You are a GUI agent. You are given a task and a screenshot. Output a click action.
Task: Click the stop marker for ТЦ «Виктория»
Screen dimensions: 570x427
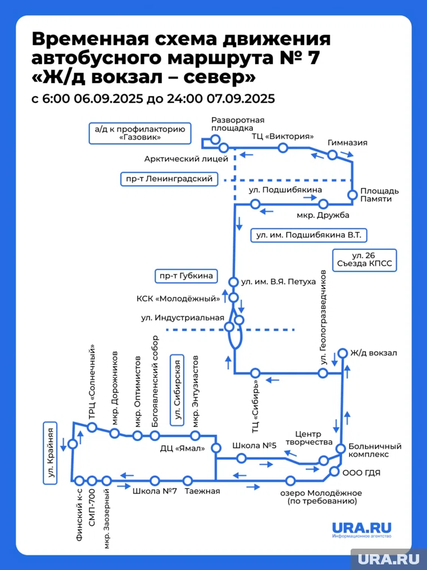pos(283,147)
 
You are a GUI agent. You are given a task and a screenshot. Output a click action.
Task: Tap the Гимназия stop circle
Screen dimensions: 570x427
pos(332,155)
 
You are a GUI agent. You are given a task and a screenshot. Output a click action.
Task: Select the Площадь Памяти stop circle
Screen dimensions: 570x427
pos(352,195)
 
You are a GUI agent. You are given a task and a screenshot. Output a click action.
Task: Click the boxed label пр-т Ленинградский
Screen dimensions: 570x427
pos(169,179)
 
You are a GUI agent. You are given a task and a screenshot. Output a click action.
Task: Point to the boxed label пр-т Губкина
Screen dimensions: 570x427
pos(185,276)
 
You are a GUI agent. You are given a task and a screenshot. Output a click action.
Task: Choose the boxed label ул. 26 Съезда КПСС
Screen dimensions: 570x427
pos(365,260)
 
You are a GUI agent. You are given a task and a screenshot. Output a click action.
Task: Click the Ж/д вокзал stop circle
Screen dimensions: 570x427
pos(342,353)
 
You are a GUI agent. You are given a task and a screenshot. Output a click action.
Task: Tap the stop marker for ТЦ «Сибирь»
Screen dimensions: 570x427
pos(255,372)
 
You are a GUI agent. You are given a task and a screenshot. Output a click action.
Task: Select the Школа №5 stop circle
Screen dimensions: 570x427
pos(242,459)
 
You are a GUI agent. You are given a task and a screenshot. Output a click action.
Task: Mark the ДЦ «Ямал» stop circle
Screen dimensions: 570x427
pos(216,448)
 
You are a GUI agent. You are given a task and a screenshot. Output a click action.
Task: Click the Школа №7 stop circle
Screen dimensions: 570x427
pos(155,481)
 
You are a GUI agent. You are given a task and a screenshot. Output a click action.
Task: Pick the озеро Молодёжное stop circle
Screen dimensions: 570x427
pos(290,481)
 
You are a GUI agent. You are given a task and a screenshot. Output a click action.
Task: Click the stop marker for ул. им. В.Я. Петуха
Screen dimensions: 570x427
pos(234,281)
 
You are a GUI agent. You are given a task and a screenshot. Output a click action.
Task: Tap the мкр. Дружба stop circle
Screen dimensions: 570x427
pos(323,204)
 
